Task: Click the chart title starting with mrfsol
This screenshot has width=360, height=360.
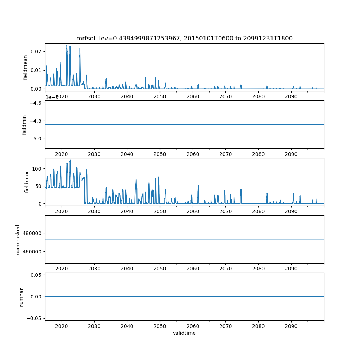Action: click(184, 38)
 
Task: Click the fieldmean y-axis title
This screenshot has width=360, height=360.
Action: click(25, 67)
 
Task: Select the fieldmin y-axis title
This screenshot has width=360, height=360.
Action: click(24, 125)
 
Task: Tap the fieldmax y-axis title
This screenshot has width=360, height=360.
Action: click(27, 182)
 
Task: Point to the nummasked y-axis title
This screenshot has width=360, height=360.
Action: click(18, 239)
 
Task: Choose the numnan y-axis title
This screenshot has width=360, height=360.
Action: click(21, 296)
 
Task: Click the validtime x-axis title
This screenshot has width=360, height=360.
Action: click(184, 333)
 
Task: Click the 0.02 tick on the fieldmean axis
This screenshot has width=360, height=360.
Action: click(36, 51)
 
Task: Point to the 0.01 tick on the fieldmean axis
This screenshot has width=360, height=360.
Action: click(36, 70)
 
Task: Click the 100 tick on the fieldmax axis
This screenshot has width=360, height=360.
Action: click(38, 169)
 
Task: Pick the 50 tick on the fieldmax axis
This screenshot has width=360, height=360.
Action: click(39, 186)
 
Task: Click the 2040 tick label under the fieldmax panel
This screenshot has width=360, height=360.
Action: click(127, 211)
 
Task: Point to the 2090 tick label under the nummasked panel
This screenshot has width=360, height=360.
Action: click(291, 269)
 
